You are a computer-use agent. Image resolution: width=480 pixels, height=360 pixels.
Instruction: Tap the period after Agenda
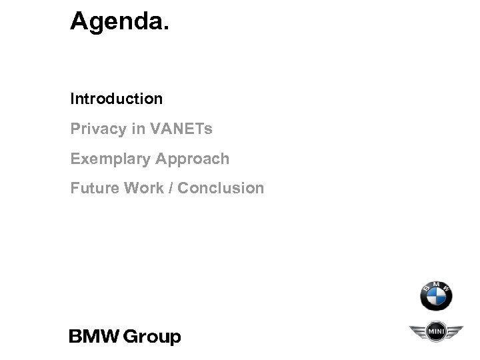click(x=167, y=29)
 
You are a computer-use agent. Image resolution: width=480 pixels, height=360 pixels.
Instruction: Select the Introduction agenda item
click(x=117, y=99)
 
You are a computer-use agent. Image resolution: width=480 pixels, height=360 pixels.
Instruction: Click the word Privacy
click(x=98, y=129)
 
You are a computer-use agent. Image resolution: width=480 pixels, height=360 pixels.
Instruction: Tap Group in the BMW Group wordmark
click(x=153, y=337)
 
